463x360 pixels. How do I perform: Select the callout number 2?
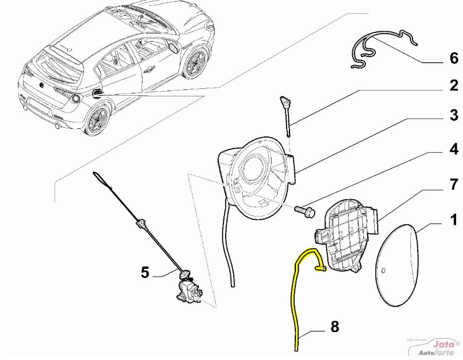(x=453, y=87)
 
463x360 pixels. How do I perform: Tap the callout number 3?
(x=453, y=116)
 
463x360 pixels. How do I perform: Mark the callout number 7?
(x=453, y=185)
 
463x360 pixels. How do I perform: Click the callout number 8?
(x=335, y=327)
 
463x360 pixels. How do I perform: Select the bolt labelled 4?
(x=305, y=210)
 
